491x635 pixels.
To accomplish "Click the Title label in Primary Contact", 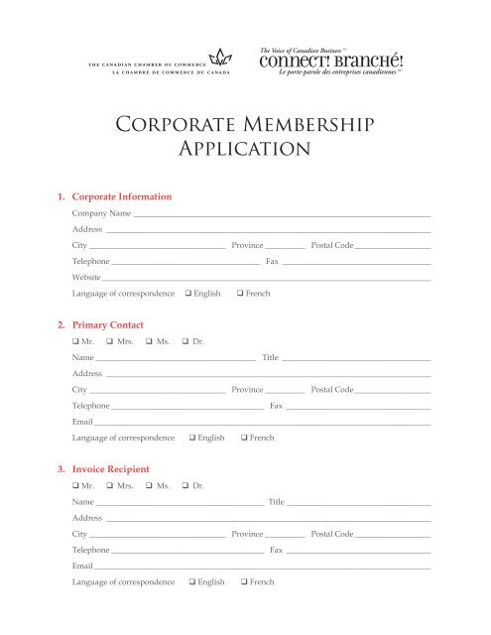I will point(271,357).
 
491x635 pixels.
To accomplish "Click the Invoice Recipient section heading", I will point(111,468).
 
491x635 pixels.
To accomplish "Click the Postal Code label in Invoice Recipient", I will point(332,534).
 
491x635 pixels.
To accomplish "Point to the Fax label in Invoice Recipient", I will point(278,550).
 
